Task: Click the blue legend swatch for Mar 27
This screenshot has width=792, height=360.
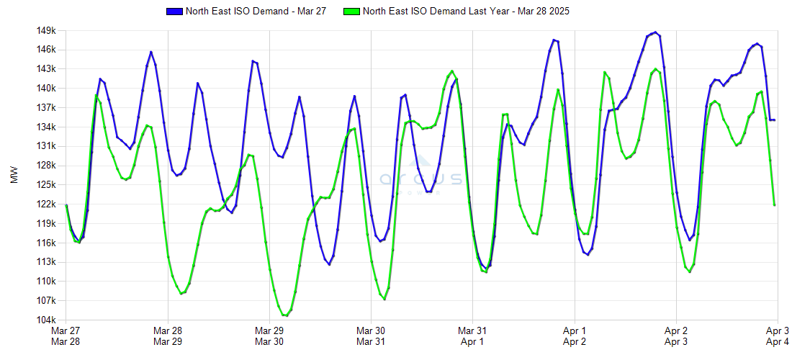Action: [x=174, y=12]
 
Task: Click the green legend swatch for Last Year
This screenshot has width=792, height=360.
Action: [x=352, y=12]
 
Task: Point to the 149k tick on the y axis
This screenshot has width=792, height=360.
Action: [x=47, y=31]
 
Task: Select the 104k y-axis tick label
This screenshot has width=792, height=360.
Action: [x=47, y=320]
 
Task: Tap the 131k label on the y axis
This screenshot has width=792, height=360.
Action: [x=47, y=146]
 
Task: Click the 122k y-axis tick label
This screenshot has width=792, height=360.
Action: [x=47, y=204]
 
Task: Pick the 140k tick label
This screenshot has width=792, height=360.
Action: [x=47, y=89]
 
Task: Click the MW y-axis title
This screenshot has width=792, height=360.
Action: [x=15, y=176]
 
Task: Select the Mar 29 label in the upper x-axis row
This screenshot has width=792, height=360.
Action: [x=269, y=330]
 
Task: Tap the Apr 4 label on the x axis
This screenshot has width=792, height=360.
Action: [x=778, y=341]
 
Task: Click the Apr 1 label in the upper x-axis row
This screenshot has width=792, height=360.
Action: [x=574, y=330]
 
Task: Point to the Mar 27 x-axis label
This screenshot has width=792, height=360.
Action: [x=66, y=330]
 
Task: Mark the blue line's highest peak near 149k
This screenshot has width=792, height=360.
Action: [x=654, y=32]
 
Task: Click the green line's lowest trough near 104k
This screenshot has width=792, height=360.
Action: [x=286, y=315]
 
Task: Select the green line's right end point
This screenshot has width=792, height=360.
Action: [x=774, y=205]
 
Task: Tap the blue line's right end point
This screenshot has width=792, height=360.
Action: [x=774, y=120]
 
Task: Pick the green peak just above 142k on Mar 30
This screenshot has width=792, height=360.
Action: [x=451, y=71]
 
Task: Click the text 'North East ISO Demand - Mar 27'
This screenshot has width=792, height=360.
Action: [x=256, y=12]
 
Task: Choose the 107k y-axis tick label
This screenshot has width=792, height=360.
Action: [x=47, y=300]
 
